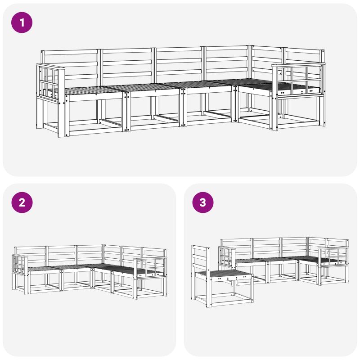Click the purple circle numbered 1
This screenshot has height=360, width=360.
tap(22, 22)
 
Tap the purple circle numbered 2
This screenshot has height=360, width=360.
tap(22, 202)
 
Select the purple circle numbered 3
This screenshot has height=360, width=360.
tap(203, 202)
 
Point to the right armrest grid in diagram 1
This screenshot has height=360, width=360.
tap(298, 81)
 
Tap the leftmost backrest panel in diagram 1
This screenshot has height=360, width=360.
tap(71, 67)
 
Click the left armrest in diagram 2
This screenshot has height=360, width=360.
tap(20, 264)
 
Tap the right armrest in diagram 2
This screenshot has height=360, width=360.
tap(150, 267)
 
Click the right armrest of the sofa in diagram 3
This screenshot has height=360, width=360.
tap(333, 257)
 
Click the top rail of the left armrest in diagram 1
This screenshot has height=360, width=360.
tap(50, 67)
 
